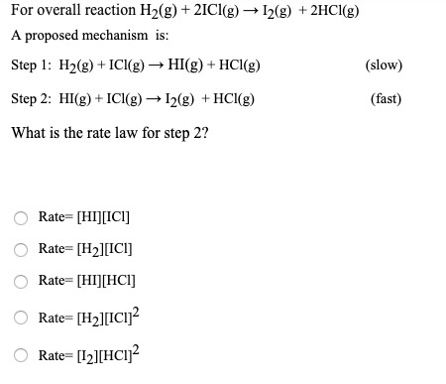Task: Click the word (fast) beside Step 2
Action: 386,99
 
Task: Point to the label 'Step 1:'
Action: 30,65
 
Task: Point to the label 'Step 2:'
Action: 30,99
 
